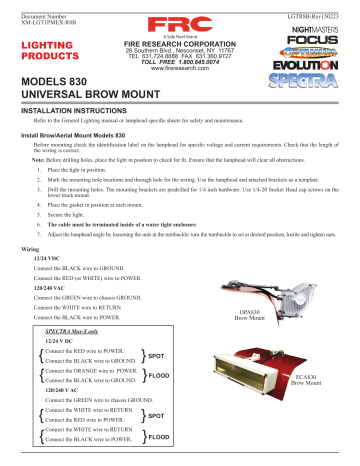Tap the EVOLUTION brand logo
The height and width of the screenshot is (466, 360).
(x=318, y=57)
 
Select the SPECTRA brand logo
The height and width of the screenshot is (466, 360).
(x=318, y=73)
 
